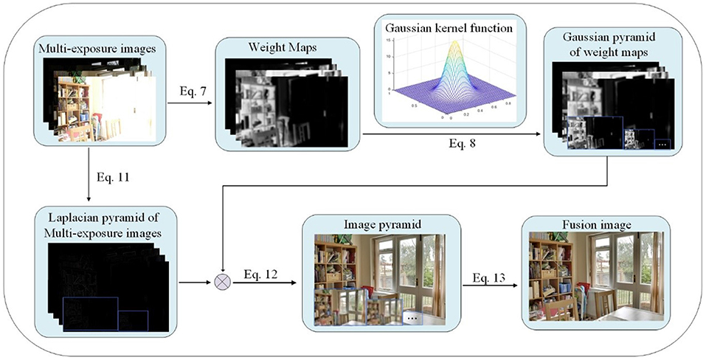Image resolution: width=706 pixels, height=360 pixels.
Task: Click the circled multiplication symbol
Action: [221, 283]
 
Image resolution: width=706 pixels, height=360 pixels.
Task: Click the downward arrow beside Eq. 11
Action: [89, 178]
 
